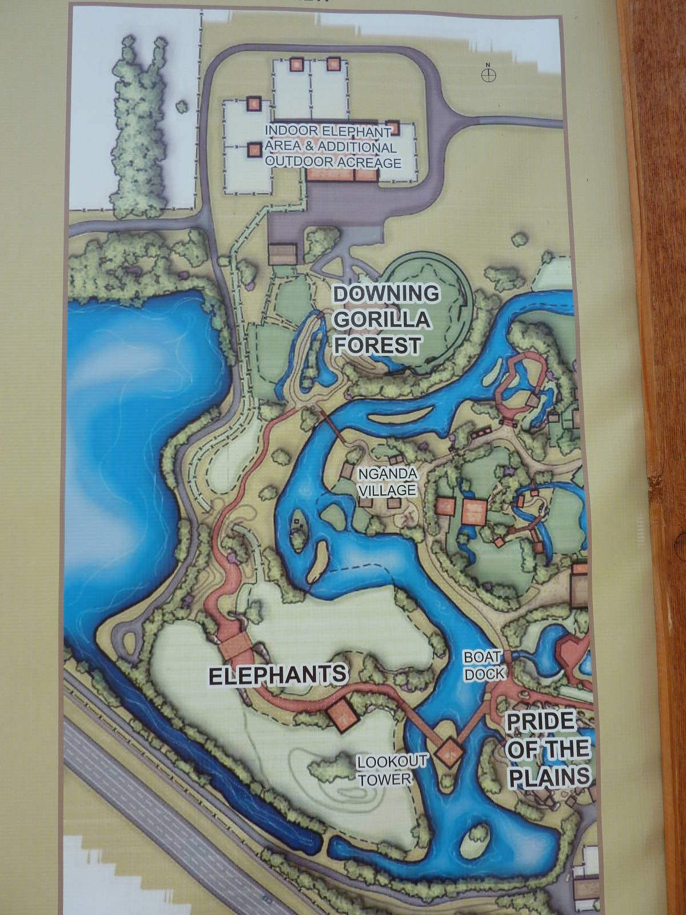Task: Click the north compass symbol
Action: click(x=489, y=74)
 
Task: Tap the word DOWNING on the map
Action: click(x=386, y=294)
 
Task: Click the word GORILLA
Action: click(x=381, y=320)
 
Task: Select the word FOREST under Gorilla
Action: click(x=378, y=345)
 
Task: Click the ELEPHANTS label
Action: click(x=277, y=675)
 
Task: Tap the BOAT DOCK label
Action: click(x=484, y=665)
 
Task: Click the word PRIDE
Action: click(x=540, y=722)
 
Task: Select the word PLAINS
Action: click(x=549, y=776)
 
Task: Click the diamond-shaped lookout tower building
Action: click(x=449, y=753)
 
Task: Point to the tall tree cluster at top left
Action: click(x=141, y=132)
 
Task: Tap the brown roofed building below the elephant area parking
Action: click(x=284, y=252)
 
